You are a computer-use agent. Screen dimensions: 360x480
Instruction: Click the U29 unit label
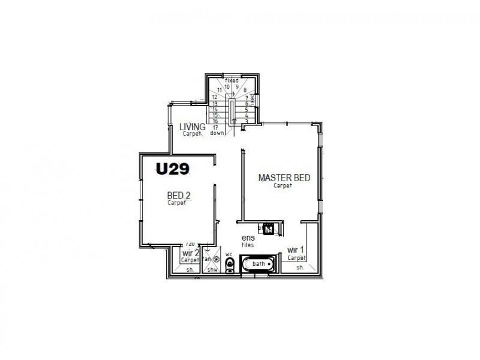[x=173, y=169]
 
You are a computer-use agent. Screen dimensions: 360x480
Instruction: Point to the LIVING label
[x=193, y=127]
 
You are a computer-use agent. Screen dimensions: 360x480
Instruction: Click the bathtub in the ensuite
[x=259, y=264]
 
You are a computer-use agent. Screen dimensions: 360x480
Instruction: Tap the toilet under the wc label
[x=229, y=264]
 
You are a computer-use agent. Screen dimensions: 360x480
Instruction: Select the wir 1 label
[x=295, y=250]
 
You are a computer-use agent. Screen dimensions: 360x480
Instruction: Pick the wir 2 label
[x=190, y=253]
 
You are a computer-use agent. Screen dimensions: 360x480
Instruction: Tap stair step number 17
[x=214, y=127]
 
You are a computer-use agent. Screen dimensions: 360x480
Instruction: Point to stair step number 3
[x=247, y=121]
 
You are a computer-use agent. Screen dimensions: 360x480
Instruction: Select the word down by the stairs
[x=217, y=133]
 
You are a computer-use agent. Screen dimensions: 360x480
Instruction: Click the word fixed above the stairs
[x=232, y=80]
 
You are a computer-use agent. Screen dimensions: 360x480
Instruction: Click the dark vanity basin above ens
[x=268, y=228]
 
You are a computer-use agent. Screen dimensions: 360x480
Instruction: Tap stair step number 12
[x=214, y=97]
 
